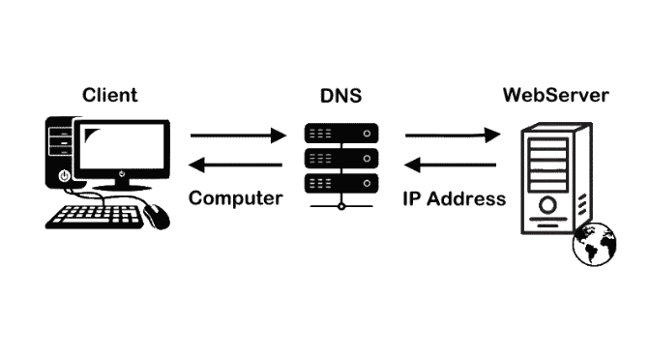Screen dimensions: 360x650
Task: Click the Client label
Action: (110, 95)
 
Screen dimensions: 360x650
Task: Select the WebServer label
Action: (555, 95)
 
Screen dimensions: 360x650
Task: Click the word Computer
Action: (236, 198)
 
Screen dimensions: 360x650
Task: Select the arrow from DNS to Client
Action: (237, 165)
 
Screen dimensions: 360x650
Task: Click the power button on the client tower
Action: (64, 176)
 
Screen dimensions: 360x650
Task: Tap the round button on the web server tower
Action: (547, 205)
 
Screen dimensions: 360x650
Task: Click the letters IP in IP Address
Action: (412, 198)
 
